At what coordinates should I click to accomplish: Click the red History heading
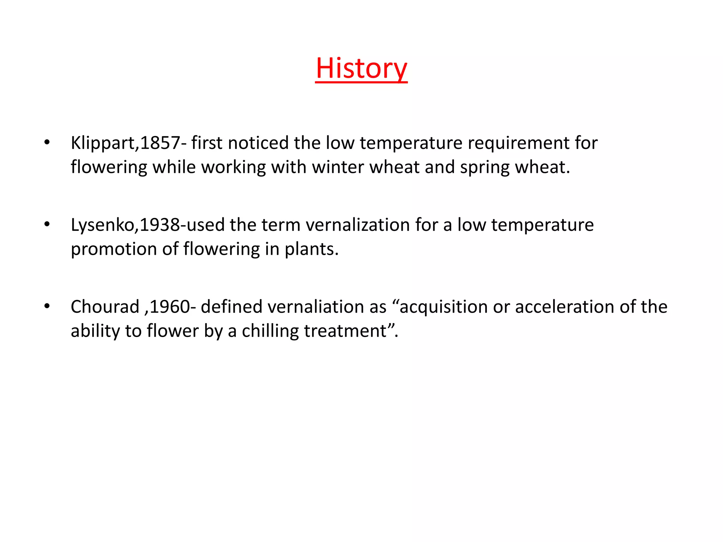click(361, 68)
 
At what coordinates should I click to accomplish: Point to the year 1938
click(160, 225)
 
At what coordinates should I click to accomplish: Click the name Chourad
click(105, 307)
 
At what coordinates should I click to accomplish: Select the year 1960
click(170, 307)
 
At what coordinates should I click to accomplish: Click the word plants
click(311, 249)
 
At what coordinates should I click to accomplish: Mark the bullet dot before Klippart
click(47, 143)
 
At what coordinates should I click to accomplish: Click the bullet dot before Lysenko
click(47, 225)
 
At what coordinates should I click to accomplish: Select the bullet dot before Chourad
click(47, 307)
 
